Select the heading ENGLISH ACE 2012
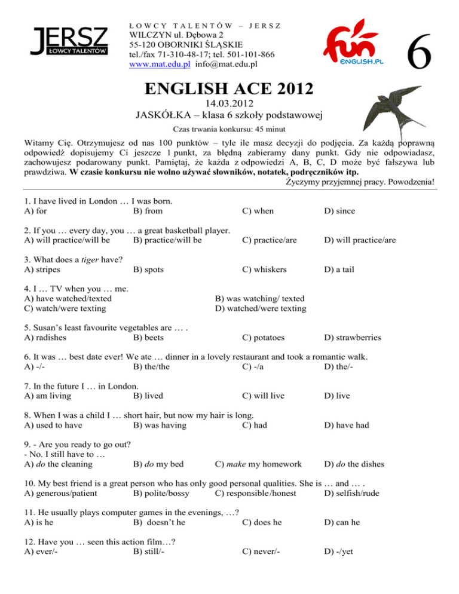(229, 91)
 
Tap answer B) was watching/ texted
(259, 298)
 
